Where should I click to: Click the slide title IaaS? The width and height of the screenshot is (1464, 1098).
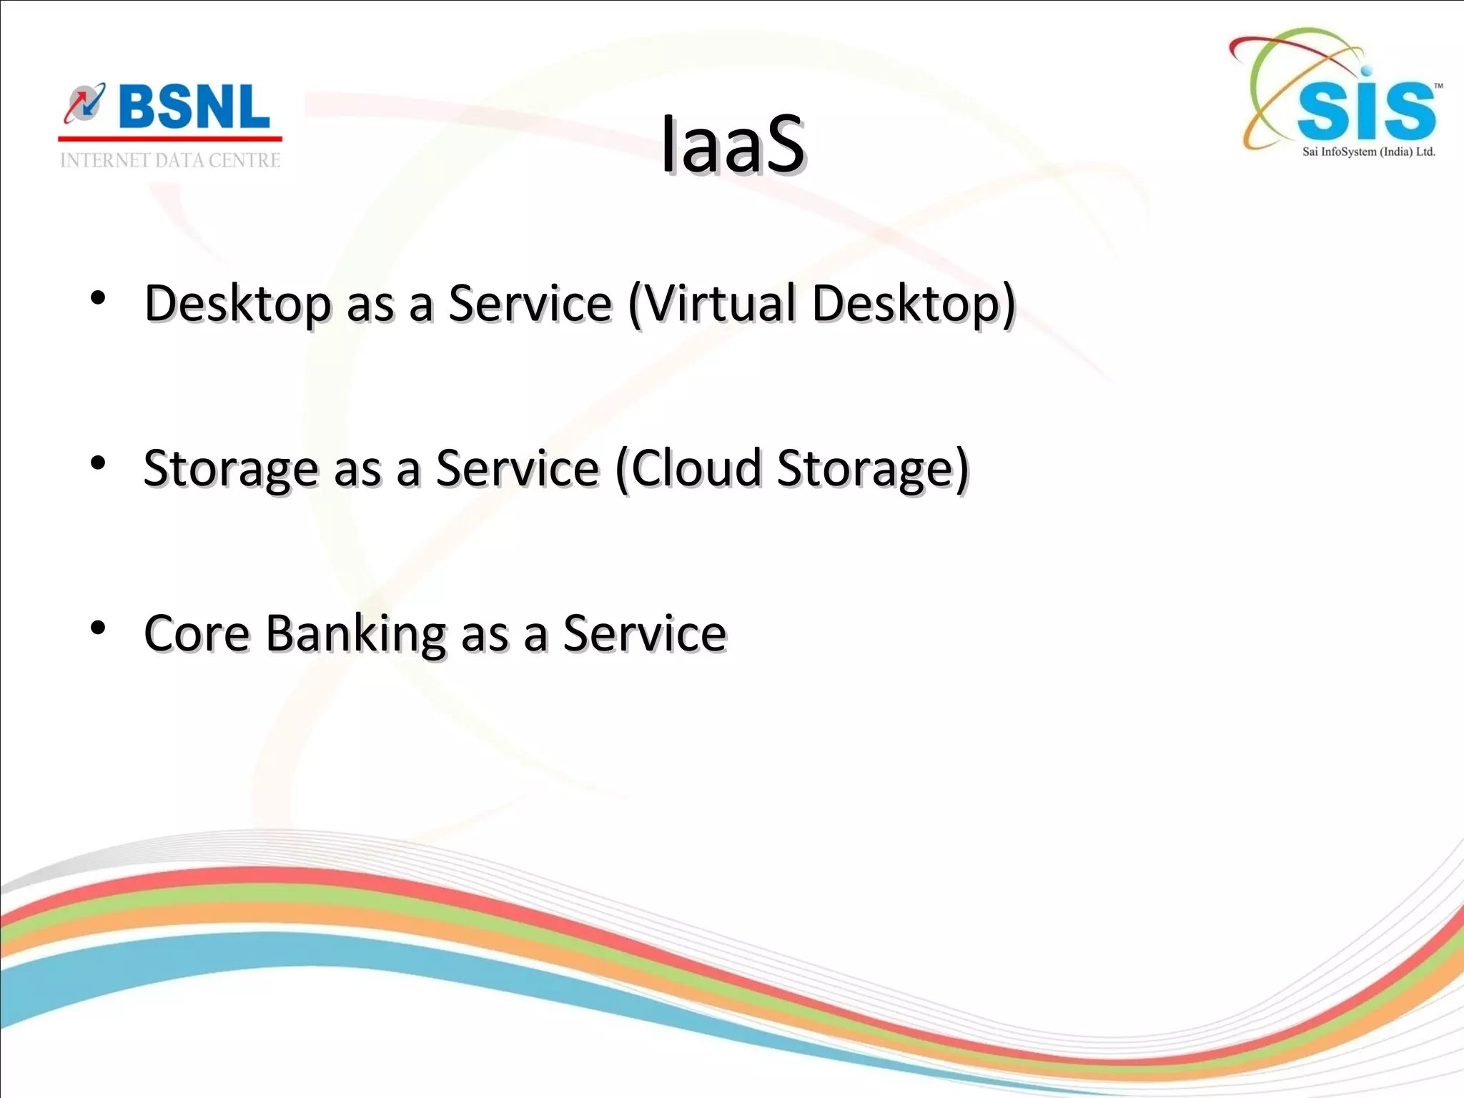[x=733, y=145]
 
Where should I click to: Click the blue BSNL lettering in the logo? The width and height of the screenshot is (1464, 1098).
[x=194, y=107]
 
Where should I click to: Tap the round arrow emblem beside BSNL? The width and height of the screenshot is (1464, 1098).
[x=85, y=104]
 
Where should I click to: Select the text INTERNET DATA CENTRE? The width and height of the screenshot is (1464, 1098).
[x=170, y=160]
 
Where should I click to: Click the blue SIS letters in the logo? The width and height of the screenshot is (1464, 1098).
[x=1365, y=111]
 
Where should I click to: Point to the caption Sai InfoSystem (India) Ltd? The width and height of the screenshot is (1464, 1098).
[x=1368, y=152]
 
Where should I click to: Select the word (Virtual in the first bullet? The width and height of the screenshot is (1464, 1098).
[x=712, y=303]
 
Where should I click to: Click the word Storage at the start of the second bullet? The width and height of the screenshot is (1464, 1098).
[x=230, y=470]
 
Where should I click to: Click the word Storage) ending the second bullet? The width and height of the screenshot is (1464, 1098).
[x=873, y=470]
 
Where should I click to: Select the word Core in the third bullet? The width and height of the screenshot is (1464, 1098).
[x=197, y=633]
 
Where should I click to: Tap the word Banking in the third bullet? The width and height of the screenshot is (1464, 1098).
[x=356, y=635]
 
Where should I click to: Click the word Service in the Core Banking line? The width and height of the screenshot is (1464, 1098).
[x=645, y=633]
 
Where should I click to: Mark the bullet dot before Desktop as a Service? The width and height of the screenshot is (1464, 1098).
[x=99, y=298]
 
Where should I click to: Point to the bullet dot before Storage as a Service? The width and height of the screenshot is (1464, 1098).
[x=99, y=463]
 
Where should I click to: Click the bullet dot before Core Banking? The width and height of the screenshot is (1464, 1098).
[x=99, y=628]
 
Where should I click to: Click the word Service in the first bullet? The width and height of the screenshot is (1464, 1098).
[x=530, y=303]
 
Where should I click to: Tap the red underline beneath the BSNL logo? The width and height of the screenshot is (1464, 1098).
[x=170, y=139]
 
